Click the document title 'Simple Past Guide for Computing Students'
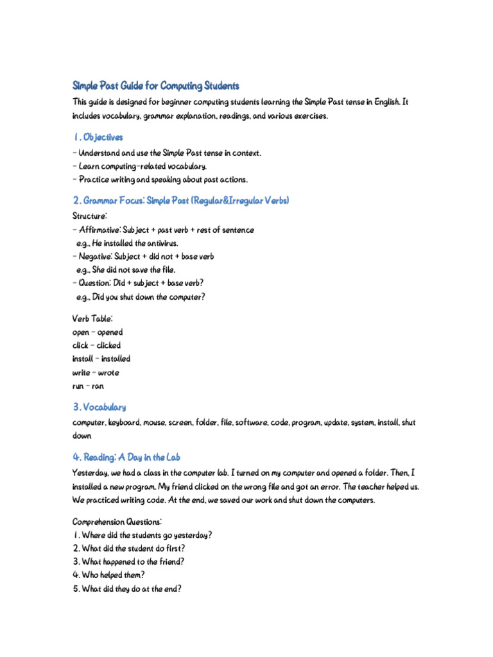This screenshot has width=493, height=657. click(156, 85)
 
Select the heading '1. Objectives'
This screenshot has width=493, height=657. click(98, 137)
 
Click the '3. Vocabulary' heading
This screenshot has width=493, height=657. click(99, 407)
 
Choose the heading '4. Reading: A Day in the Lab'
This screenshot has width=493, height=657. click(126, 457)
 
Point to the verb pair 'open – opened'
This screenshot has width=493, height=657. click(98, 332)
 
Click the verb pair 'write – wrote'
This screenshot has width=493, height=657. click(96, 373)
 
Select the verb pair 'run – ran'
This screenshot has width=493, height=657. click(88, 386)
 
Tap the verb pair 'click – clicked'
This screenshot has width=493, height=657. click(96, 346)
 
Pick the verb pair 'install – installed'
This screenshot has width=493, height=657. click(101, 359)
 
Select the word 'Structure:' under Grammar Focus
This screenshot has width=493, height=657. click(91, 216)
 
